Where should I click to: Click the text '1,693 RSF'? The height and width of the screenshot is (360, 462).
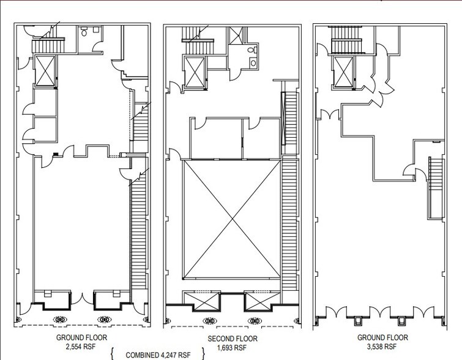[x=233, y=346]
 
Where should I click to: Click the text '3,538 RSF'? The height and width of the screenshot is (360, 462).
[x=385, y=345]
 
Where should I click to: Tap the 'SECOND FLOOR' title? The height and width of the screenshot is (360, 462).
[x=233, y=338]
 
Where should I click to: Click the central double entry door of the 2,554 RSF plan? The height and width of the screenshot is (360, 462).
[x=83, y=299]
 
